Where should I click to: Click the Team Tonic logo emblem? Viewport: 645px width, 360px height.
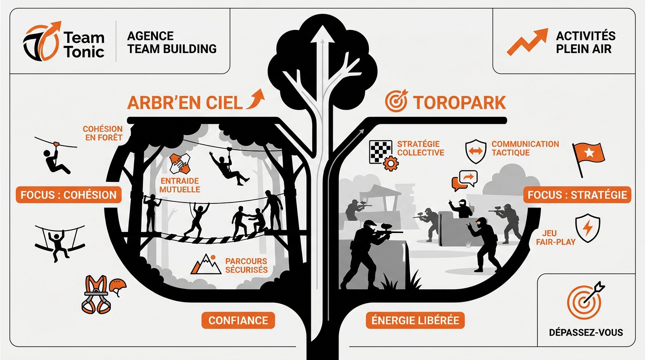pos(42,41)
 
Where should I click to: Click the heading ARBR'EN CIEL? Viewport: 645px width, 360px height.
pos(185,103)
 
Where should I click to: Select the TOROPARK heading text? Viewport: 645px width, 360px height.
pos(459,103)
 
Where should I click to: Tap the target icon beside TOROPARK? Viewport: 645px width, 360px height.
pos(397,100)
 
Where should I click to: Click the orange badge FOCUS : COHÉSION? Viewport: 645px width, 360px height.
pos(68,195)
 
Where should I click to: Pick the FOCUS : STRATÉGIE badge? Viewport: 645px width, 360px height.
pos(577,195)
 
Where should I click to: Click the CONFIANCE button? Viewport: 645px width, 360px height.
pos(238,320)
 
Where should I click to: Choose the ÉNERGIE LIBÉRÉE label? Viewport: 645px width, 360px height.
pos(415,320)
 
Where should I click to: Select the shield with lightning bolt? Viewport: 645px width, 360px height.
pos(588,228)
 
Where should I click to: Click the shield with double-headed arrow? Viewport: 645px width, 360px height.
pos(476,151)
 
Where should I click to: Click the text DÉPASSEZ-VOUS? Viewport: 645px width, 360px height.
pos(586,333)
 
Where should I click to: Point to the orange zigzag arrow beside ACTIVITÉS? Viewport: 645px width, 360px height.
pos(527,42)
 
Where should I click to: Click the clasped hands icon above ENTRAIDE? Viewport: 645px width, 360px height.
pos(180,163)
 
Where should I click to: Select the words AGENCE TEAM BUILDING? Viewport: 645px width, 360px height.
pos(172,43)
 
